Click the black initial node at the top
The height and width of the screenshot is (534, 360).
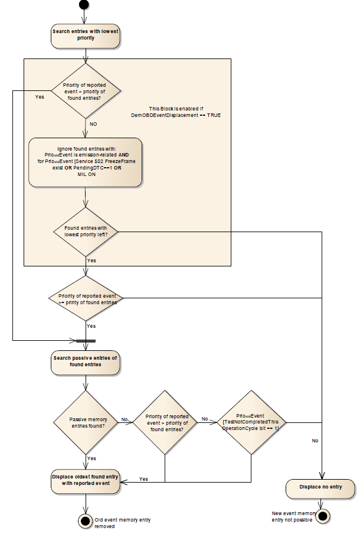click(85, 5)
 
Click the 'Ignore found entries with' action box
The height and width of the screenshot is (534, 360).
click(86, 162)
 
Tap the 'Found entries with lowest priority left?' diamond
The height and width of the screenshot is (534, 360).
click(86, 232)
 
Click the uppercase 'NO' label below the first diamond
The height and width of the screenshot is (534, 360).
click(93, 125)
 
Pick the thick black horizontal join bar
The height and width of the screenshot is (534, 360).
click(86, 341)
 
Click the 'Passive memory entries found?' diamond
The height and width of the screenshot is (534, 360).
click(86, 422)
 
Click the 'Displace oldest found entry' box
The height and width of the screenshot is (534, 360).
click(86, 480)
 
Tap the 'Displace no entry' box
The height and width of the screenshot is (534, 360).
click(322, 488)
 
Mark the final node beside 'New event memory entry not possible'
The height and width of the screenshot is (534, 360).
click(322, 516)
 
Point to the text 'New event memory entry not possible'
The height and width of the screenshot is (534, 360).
click(293, 516)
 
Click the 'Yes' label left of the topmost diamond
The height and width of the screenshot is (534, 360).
click(40, 97)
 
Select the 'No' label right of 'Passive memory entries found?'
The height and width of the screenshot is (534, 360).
click(125, 419)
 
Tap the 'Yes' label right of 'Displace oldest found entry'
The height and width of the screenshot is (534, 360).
click(143, 478)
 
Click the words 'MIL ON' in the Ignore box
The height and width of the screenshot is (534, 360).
click(87, 174)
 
